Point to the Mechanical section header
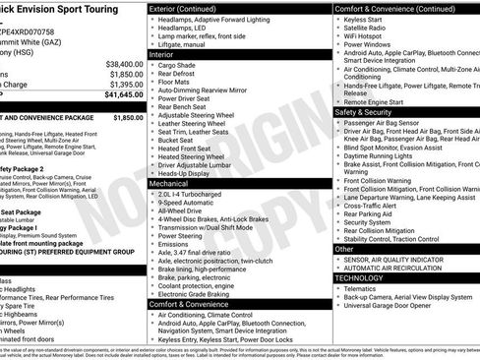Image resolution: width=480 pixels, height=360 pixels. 171,183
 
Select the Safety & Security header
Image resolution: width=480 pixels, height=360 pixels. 364,111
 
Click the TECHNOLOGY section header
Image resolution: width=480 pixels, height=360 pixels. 360,277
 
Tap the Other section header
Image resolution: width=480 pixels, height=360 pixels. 344,249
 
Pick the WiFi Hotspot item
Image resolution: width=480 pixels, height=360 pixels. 365,35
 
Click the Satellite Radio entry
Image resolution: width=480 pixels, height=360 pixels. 367,27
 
